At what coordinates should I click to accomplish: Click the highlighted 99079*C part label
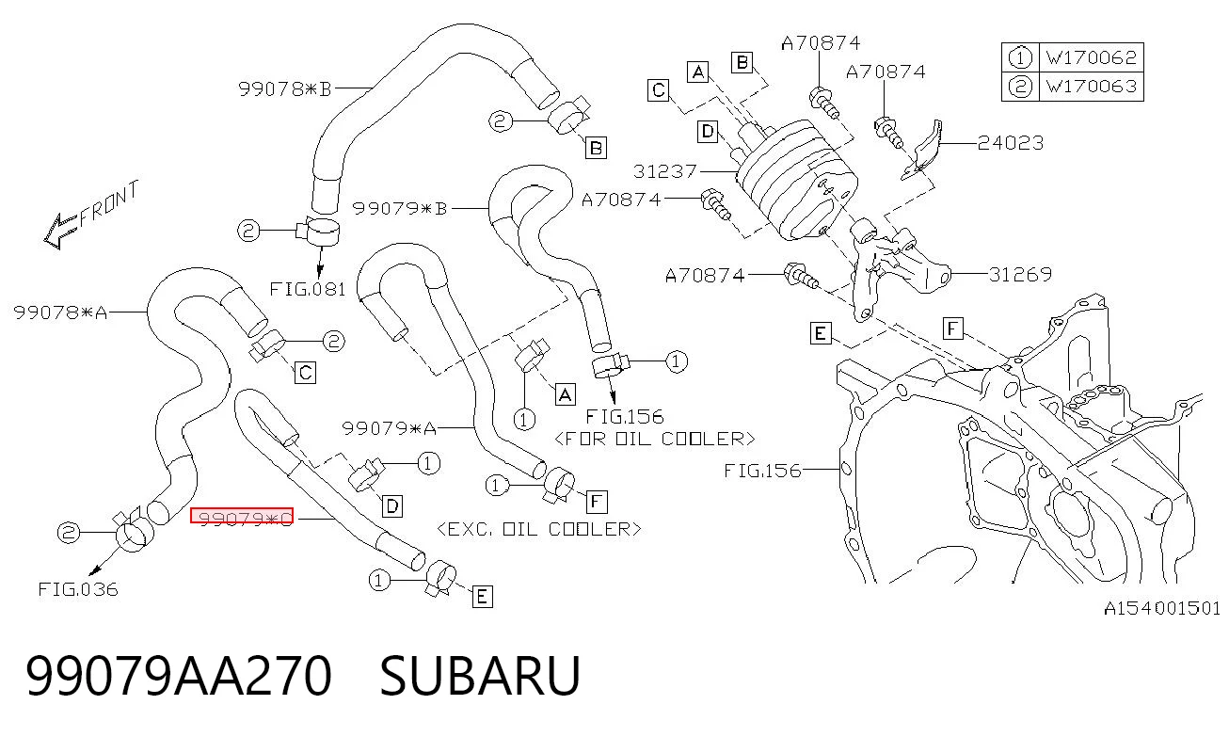pyautogui.click(x=242, y=516)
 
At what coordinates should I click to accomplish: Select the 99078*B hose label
pyautogui.click(x=285, y=88)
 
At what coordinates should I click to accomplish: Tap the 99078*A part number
pyautogui.click(x=60, y=312)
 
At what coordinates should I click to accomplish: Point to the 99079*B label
pyautogui.click(x=400, y=209)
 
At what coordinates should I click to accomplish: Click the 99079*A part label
pyautogui.click(x=390, y=428)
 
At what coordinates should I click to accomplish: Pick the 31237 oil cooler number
pyautogui.click(x=665, y=171)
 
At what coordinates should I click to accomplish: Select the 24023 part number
pyautogui.click(x=1011, y=143)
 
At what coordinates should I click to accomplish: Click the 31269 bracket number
pyautogui.click(x=1020, y=275)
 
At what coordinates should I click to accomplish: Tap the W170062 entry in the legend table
pyautogui.click(x=1092, y=57)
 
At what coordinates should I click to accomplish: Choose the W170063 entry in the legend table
pyautogui.click(x=1092, y=87)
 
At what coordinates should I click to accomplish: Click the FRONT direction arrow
pyautogui.click(x=60, y=231)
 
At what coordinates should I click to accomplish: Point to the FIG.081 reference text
pyautogui.click(x=308, y=289)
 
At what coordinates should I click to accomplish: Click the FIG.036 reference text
pyautogui.click(x=78, y=589)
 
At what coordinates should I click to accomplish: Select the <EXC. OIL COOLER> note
pyautogui.click(x=539, y=529)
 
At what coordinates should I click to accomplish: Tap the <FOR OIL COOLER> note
pyautogui.click(x=655, y=439)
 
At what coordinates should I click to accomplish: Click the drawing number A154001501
pyautogui.click(x=1162, y=608)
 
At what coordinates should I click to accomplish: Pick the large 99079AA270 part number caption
pyautogui.click(x=179, y=676)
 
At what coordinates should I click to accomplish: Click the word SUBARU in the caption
pyautogui.click(x=480, y=676)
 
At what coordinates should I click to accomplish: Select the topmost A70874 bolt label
pyautogui.click(x=821, y=42)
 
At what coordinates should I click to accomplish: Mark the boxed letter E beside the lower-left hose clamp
pyautogui.click(x=482, y=597)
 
